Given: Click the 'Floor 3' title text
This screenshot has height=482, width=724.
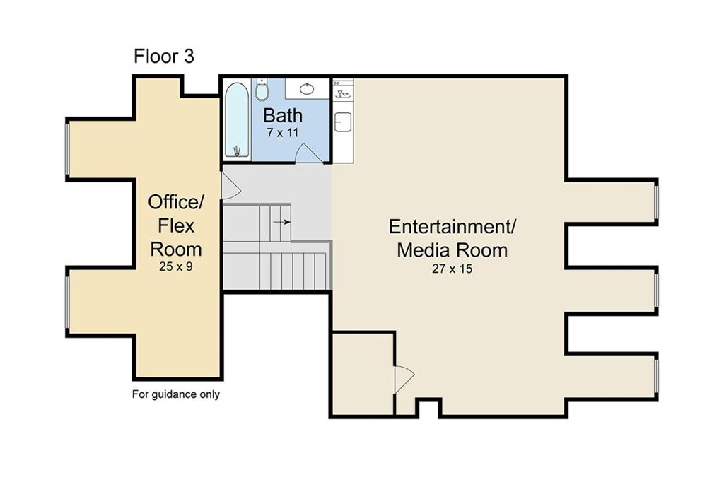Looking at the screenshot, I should point(164,57).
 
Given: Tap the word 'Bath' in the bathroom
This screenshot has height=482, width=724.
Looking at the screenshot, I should point(283,115).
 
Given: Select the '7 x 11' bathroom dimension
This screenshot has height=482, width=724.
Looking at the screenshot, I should point(283,133).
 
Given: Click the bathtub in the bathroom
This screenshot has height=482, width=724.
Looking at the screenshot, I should point(236,120).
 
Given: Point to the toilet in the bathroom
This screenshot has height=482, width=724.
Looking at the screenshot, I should point(262,90).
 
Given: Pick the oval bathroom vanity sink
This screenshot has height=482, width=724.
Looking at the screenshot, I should point(308,88).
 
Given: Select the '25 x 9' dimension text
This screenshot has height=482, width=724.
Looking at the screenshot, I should point(175,267).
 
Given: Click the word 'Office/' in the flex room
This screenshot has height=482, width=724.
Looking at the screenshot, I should point(175,203).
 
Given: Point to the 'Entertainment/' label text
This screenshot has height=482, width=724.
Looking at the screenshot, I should point(452,227).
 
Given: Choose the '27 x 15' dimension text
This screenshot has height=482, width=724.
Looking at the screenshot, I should point(452,269).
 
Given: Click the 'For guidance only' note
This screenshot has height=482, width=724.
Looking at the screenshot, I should point(176,394).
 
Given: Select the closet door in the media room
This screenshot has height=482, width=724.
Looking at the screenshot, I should point(403,378).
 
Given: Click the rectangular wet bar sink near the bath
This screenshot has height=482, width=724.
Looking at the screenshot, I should point(343,122).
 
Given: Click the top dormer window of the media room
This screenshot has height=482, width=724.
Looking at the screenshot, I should point(656,201).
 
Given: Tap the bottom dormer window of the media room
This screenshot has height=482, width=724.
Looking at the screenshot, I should point(656,376).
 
